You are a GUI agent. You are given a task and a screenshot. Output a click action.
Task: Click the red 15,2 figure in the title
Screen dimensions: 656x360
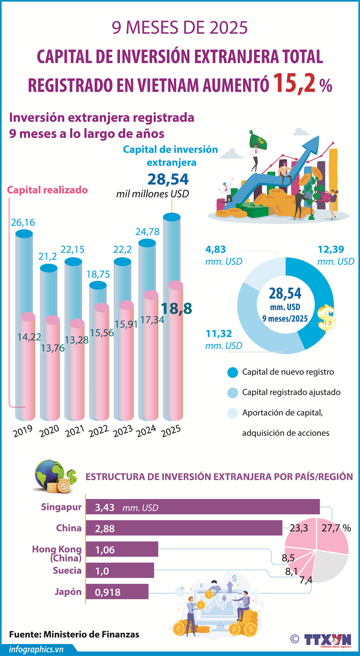[x=294, y=84]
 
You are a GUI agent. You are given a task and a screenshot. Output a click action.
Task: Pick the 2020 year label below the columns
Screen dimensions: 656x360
[x=49, y=431]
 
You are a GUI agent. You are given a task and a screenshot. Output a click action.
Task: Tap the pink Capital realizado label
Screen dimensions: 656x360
[x=47, y=190]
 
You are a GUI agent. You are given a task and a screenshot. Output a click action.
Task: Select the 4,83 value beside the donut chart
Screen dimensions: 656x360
[x=216, y=249]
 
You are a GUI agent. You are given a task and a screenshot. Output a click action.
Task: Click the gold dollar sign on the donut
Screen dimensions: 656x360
[x=326, y=317]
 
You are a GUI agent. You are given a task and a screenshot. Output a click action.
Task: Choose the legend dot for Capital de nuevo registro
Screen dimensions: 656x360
[x=232, y=372]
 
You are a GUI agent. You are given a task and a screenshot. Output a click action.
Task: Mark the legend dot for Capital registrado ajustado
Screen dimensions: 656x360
[x=232, y=392]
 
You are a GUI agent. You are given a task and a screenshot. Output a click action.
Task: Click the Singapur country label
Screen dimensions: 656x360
[x=61, y=507]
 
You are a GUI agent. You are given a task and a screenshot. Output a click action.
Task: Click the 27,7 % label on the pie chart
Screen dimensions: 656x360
[x=336, y=528]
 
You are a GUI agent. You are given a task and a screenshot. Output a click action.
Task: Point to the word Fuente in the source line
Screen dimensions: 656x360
[x=24, y=634]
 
